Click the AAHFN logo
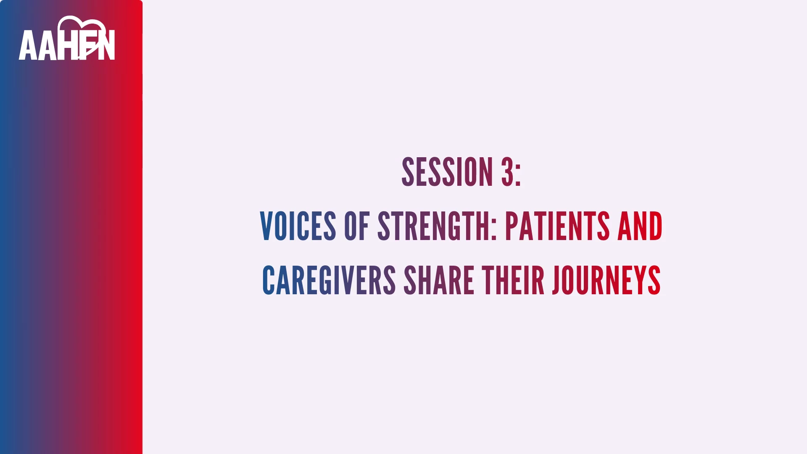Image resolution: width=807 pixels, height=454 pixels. (67, 38)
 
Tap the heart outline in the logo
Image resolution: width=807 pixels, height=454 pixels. (82, 25)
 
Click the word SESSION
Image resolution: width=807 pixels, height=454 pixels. (447, 172)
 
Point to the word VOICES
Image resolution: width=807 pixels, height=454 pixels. (298, 226)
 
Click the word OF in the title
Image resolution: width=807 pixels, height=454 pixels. (357, 226)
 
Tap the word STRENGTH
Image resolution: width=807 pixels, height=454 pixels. (433, 226)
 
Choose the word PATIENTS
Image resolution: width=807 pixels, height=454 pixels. (557, 226)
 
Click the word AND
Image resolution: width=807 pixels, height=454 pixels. (640, 226)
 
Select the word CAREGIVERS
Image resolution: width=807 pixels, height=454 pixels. (329, 280)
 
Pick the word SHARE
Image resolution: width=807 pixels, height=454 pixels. (439, 280)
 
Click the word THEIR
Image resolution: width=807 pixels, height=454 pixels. (513, 280)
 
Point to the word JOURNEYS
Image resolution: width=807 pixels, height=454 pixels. (607, 280)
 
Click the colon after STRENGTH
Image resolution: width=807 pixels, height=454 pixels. (494, 230)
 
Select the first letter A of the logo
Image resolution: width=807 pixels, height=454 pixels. (28, 45)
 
